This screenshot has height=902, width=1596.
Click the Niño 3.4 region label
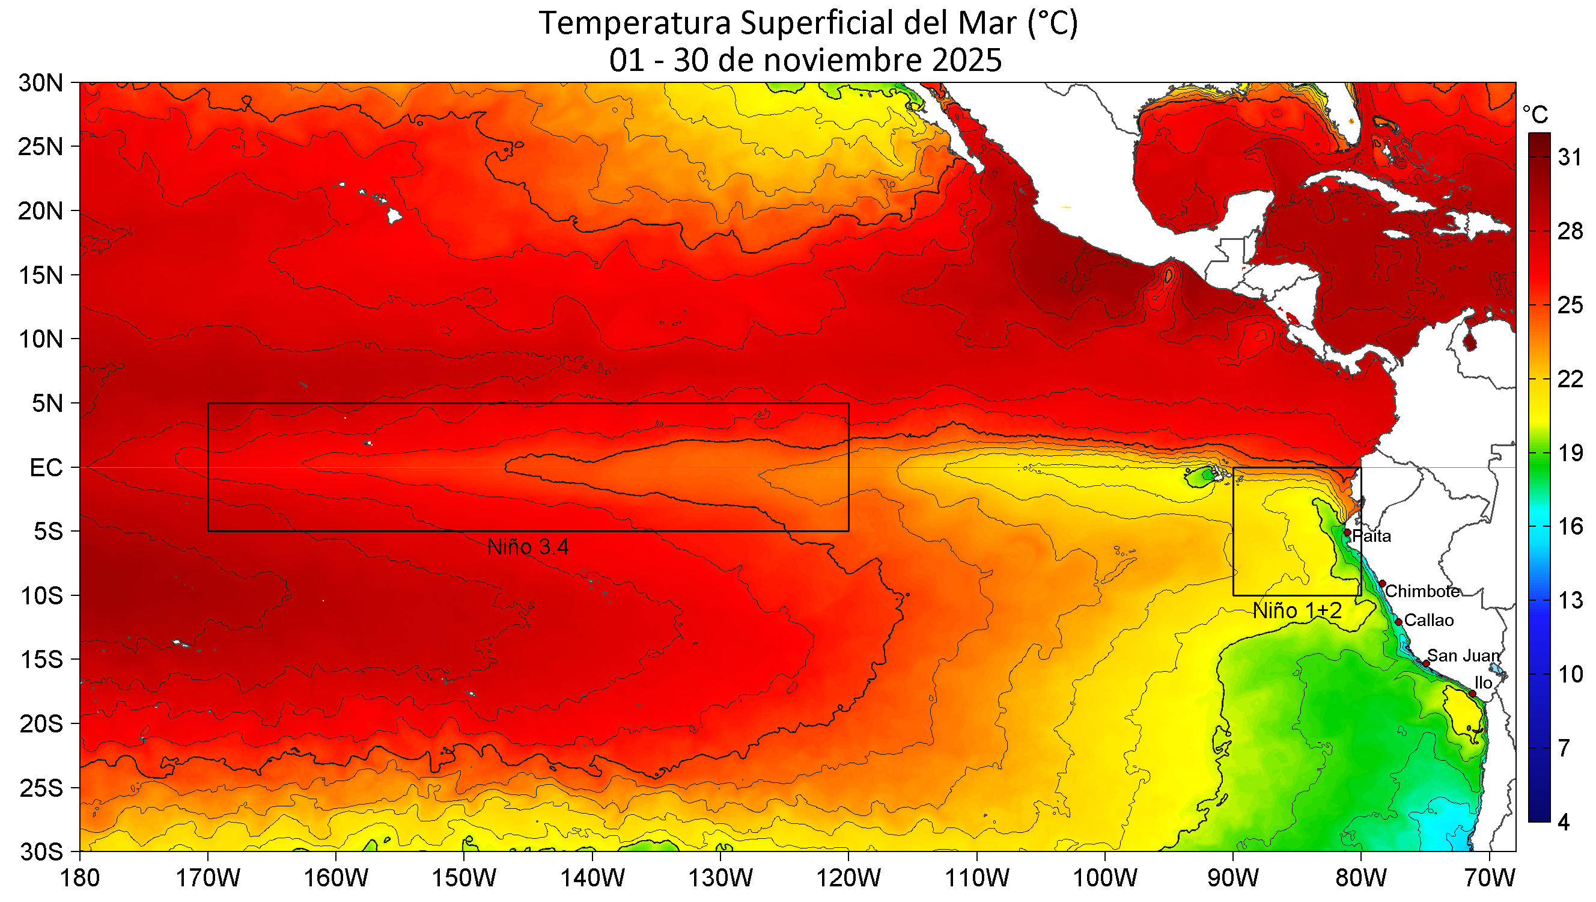pos(527,547)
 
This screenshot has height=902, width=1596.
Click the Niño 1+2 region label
pos(1297,610)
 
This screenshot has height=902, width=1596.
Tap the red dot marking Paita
pos(1347,533)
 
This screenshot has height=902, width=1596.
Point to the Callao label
pos(1429,620)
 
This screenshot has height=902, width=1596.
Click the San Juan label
pos(1463,655)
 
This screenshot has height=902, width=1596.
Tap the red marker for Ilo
pos(1472,693)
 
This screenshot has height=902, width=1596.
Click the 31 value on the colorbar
pos(1570,158)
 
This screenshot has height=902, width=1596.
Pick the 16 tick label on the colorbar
pos(1570,527)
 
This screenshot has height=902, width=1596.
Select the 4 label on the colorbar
pos(1564,823)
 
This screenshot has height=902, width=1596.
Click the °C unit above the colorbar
pos(1535,115)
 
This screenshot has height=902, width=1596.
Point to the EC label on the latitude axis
pos(46,468)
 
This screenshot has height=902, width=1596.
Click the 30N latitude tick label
pos(41,83)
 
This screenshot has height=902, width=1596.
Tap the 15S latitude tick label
pos(41,660)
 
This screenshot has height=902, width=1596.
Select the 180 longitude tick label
pos(79,879)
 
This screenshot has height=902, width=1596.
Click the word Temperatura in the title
pos(635,23)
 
